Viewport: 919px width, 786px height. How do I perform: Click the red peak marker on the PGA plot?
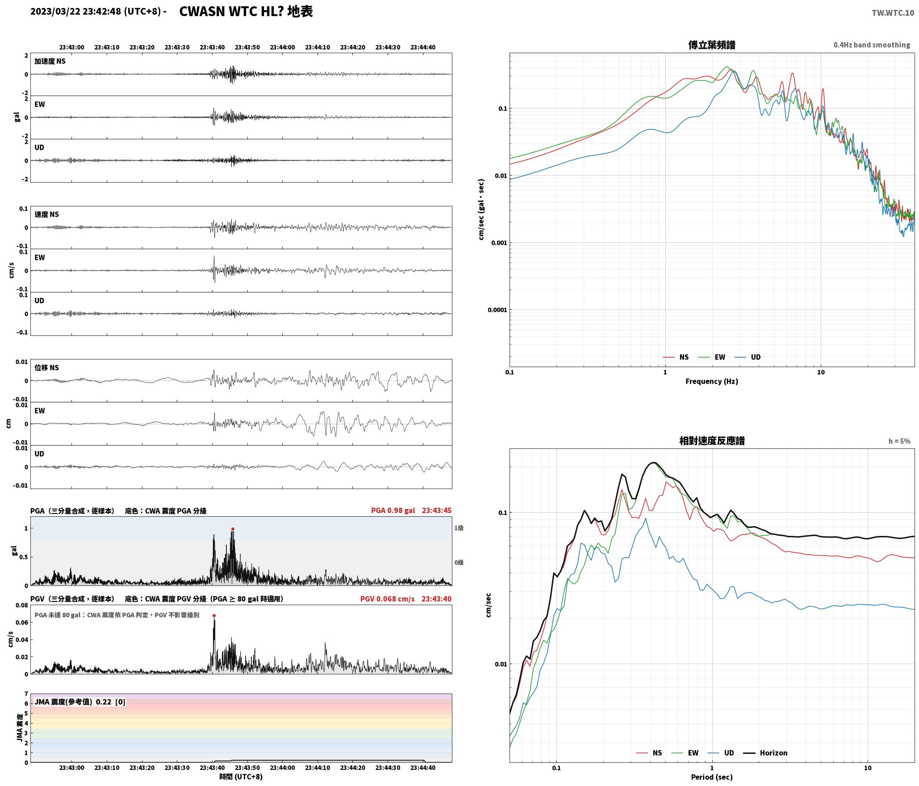(x=233, y=529)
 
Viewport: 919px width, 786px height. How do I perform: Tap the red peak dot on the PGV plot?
(x=214, y=615)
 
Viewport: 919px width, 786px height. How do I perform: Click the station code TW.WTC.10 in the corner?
(x=893, y=13)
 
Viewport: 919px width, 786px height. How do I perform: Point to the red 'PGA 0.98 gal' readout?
(x=393, y=510)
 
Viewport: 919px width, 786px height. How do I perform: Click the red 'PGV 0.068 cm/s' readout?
(x=387, y=598)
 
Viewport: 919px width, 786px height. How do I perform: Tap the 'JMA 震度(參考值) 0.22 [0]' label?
(x=80, y=702)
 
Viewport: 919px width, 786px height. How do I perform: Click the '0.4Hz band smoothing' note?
(x=872, y=45)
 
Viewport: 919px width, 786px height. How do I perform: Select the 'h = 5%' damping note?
(x=899, y=441)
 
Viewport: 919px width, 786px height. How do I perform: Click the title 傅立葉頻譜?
(x=712, y=45)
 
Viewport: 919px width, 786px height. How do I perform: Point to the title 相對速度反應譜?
(x=712, y=440)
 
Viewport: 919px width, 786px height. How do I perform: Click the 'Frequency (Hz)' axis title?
(x=712, y=381)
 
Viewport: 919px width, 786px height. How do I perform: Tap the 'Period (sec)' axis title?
(x=712, y=777)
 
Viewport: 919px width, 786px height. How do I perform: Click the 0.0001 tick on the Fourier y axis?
(x=497, y=310)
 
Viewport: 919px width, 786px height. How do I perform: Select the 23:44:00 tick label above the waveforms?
(x=282, y=47)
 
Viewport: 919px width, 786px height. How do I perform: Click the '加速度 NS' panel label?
(x=50, y=61)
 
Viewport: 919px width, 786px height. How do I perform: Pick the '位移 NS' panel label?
(x=46, y=368)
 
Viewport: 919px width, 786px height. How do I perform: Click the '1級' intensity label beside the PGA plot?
(x=459, y=528)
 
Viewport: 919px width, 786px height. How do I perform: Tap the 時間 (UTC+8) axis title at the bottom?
(x=241, y=777)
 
